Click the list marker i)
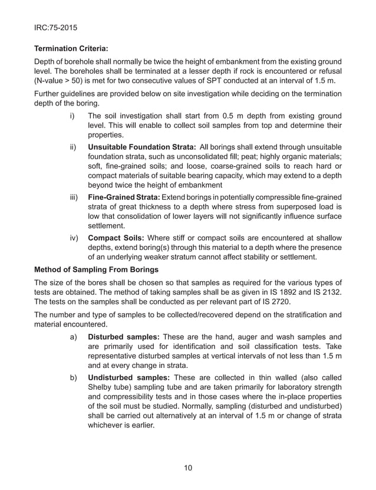pos(72,116)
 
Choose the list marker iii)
pos(74,195)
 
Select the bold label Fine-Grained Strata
pos(124,195)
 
